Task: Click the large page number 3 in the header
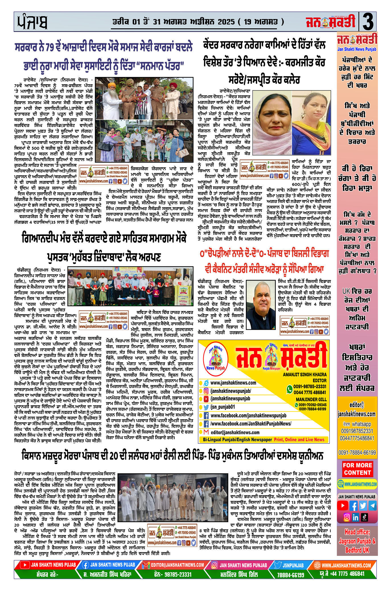point(368,22)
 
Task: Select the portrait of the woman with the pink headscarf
point(271,122)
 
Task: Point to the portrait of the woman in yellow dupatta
point(311,122)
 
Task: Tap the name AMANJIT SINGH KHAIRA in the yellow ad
point(304,375)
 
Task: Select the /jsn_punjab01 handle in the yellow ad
point(223,407)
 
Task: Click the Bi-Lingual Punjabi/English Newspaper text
point(237,440)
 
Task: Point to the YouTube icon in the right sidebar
point(343,505)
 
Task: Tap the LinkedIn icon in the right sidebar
point(355,517)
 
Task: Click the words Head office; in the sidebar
point(357,532)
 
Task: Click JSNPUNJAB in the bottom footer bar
point(293,565)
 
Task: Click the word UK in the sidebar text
point(346,291)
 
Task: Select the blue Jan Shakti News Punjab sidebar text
point(357,49)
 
